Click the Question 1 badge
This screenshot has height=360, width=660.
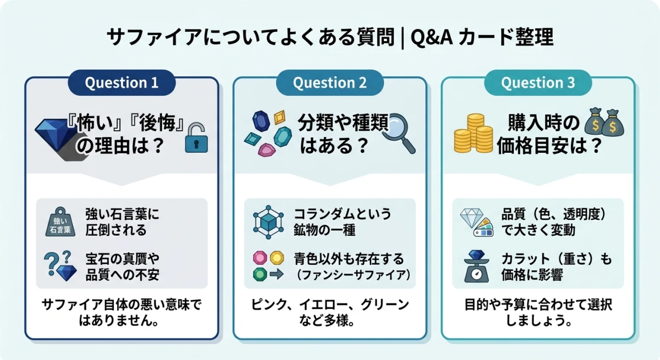coord(122,83)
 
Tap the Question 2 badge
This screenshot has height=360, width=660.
coord(329,83)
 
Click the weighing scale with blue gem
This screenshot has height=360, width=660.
coord(476,267)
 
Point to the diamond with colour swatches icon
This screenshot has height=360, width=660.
coord(476,221)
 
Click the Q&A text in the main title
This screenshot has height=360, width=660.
coord(431,38)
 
